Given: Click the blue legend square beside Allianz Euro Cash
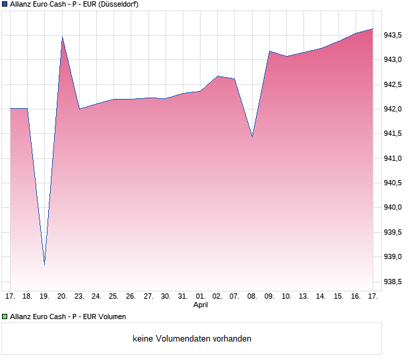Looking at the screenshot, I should pyautogui.click(x=5, y=4).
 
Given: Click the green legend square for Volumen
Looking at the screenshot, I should pyautogui.click(x=5, y=316).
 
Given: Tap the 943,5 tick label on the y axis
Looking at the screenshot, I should pyautogui.click(x=393, y=36).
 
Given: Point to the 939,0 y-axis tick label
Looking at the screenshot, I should pyautogui.click(x=393, y=257).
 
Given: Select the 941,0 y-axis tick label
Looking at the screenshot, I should pyautogui.click(x=393, y=159).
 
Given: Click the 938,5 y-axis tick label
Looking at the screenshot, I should pyautogui.click(x=393, y=282).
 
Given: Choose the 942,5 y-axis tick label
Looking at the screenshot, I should pyautogui.click(x=393, y=85).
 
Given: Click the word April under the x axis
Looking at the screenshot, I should pyautogui.click(x=201, y=305).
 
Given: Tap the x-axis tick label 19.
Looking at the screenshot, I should pyautogui.click(x=45, y=297).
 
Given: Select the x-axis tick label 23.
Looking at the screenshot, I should pyautogui.click(x=79, y=297).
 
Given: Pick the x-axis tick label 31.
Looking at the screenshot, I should pyautogui.click(x=183, y=297).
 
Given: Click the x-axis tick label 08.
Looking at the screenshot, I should pyautogui.click(x=252, y=297).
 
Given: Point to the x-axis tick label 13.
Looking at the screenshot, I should pyautogui.click(x=303, y=297).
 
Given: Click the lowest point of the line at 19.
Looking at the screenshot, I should pyautogui.click(x=45, y=264).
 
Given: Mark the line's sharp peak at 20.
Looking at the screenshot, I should pyautogui.click(x=62, y=38).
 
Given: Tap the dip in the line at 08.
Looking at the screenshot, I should pyautogui.click(x=252, y=136).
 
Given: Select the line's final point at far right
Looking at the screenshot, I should pyautogui.click(x=373, y=29).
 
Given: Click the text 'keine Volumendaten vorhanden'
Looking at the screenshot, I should pyautogui.click(x=192, y=339).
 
